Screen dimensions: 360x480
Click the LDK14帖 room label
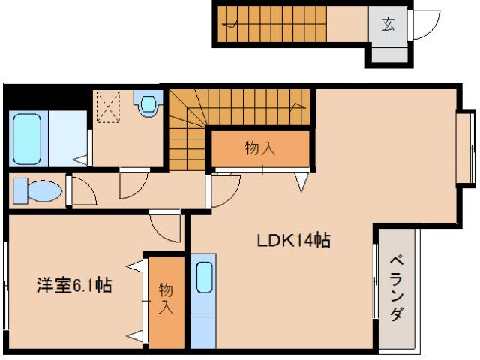[295, 241]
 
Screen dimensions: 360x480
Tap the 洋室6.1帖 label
[75, 285]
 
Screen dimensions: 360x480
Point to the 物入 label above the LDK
[260, 148]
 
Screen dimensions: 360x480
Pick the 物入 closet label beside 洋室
[165, 298]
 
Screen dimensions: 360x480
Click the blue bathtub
[28, 139]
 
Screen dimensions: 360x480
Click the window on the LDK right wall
[466, 147]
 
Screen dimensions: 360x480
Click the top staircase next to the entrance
[285, 24]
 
